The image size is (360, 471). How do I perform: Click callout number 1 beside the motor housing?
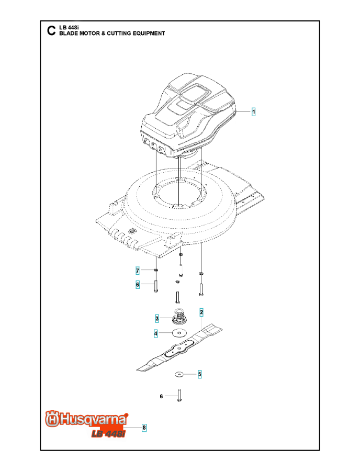tap(253, 112)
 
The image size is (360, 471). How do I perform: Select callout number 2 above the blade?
tap(201, 312)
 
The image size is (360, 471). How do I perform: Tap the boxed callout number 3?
tap(157, 318)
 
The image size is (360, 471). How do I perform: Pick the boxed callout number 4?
tap(155, 333)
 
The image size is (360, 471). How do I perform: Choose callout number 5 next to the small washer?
tap(200, 374)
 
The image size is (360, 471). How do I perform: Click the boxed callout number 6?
tap(138, 285)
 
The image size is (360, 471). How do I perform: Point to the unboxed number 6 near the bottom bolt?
tap(161, 397)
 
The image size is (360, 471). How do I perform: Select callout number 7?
tap(138, 271)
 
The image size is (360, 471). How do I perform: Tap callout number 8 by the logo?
tap(144, 428)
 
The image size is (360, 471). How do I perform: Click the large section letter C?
tap(51, 31)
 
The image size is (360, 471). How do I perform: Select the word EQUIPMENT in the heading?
tap(149, 33)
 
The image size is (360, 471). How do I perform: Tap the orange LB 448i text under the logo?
tap(108, 433)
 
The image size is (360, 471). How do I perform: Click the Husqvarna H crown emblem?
tap(52, 419)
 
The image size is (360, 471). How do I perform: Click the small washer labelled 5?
tap(179, 374)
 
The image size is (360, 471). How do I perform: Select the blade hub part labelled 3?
tap(179, 317)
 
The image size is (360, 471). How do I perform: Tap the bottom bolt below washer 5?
tap(179, 395)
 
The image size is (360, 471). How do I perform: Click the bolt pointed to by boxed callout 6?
tap(155, 286)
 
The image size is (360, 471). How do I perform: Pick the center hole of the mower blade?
tap(179, 348)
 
